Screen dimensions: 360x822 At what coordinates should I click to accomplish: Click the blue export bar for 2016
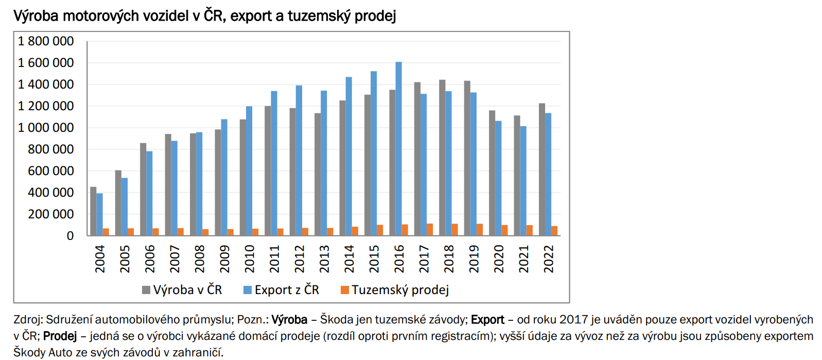[399, 149]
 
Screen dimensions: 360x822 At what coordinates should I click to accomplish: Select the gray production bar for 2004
[93, 211]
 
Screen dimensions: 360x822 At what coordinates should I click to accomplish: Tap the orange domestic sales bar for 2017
[430, 230]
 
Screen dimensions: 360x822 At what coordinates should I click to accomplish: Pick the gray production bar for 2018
[442, 158]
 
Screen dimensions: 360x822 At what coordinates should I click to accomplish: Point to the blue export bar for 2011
[274, 163]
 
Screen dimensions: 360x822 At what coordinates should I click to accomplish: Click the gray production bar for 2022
[542, 169]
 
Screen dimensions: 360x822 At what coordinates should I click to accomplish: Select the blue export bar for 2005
[125, 207]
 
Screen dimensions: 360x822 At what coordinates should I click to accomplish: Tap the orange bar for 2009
[231, 232]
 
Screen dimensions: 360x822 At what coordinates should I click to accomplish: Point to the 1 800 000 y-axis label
[46, 41]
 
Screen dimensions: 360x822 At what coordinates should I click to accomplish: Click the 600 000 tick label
[51, 171]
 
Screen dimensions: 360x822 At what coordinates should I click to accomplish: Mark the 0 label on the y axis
[70, 236]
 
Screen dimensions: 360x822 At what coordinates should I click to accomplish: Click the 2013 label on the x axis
[324, 259]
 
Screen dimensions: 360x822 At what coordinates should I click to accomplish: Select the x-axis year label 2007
[175, 259]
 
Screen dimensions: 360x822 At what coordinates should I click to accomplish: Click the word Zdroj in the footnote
[28, 320]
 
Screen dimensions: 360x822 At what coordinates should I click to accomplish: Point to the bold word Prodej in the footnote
[60, 336]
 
